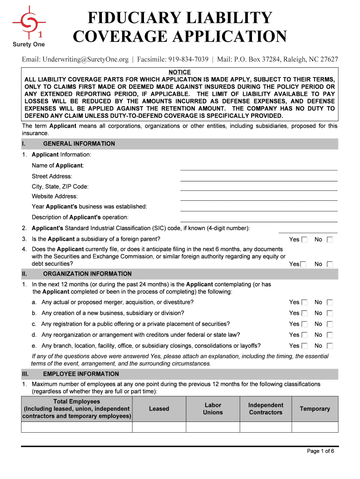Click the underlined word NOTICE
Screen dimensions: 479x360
pyautogui.click(x=180, y=72)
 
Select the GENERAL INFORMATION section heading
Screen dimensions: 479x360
pyautogui.click(x=79, y=144)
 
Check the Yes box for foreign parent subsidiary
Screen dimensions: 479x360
pyautogui.click(x=304, y=240)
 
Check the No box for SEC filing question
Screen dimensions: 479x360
pyautogui.click(x=330, y=264)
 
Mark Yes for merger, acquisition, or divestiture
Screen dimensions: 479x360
pyautogui.click(x=304, y=303)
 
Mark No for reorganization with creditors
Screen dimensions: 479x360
pyautogui.click(x=330, y=335)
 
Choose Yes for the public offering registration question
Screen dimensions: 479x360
pyautogui.click(x=304, y=324)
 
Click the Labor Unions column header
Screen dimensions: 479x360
pyautogui.click(x=213, y=408)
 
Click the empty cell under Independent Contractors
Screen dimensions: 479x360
pyautogui.click(x=266, y=427)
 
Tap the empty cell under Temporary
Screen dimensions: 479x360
pyautogui.click(x=315, y=427)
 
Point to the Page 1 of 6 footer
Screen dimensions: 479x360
pyautogui.click(x=320, y=451)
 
